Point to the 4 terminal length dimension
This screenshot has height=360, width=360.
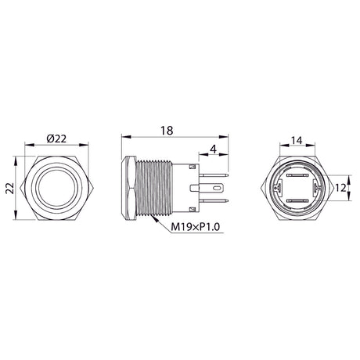point(213,149)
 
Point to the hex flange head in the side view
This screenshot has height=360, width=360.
point(126,189)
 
